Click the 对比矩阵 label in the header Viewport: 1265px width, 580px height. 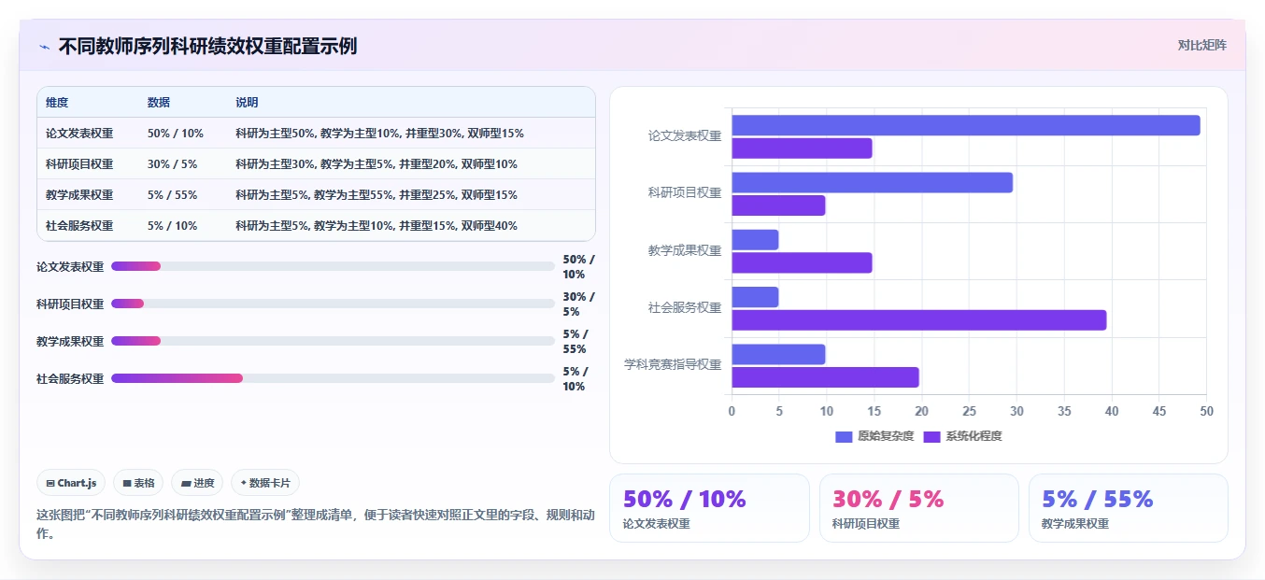(1201, 45)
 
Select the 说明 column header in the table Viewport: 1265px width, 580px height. (247, 102)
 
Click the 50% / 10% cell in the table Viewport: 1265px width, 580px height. (175, 134)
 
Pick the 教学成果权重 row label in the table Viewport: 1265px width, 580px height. (79, 195)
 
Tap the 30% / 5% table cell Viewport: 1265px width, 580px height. (172, 163)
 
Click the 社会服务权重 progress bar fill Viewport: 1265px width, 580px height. (178, 378)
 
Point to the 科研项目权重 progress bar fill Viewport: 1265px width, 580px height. (128, 304)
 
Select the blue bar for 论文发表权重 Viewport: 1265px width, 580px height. (966, 125)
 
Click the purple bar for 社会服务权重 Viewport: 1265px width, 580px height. (918, 320)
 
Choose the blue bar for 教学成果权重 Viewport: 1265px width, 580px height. (755, 239)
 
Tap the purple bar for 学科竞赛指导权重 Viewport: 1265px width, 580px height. (825, 377)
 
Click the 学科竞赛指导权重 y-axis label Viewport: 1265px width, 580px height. (673, 364)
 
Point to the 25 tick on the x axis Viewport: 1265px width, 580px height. (969, 411)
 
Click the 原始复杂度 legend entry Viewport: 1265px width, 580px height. (874, 436)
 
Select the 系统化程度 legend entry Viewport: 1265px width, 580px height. (962, 436)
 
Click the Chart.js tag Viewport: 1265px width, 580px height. (71, 483)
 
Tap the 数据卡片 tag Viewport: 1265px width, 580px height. (265, 483)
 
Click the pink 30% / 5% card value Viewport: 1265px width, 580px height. (888, 499)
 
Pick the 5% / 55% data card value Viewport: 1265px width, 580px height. (1097, 499)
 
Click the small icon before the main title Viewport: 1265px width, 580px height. (45, 47)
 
